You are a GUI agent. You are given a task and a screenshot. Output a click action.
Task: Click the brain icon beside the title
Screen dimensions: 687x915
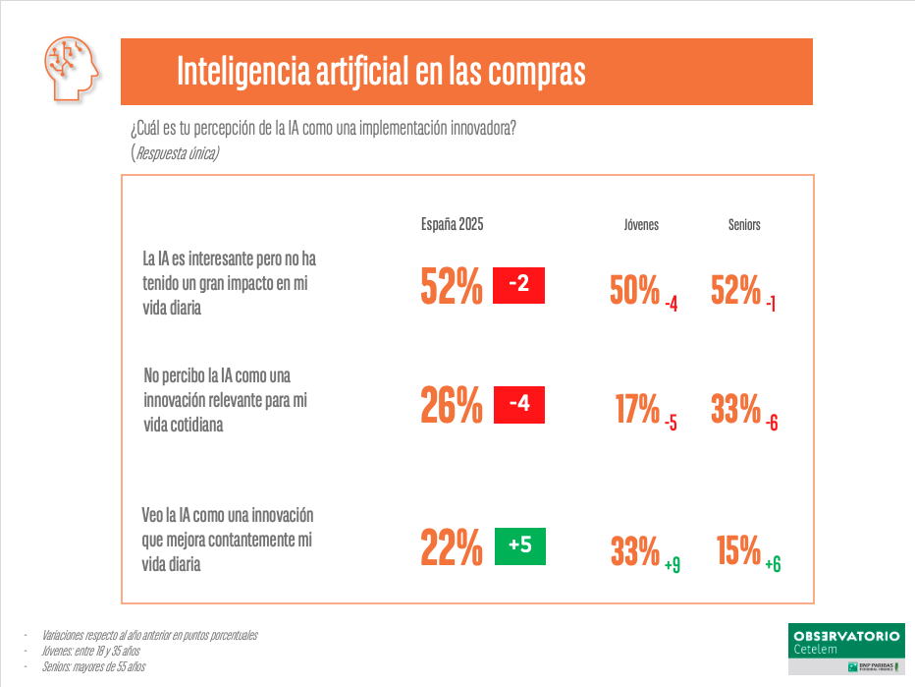pos(72,70)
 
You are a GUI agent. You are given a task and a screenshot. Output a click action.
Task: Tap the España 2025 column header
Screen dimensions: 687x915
pos(452,224)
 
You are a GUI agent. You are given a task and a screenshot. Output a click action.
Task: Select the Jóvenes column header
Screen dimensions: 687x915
pos(641,225)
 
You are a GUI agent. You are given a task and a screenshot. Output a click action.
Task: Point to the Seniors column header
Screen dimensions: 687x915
pos(744,225)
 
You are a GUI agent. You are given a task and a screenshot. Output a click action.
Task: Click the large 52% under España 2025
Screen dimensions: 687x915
pos(452,287)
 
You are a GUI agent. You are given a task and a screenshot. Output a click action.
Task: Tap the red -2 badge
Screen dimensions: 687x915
pos(518,285)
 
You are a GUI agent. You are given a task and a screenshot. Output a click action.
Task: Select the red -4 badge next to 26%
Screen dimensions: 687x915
pos(518,404)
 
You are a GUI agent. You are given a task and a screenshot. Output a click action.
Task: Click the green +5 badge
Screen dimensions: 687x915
pos(519,546)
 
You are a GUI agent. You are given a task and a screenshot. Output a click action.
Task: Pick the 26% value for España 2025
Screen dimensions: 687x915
pos(452,405)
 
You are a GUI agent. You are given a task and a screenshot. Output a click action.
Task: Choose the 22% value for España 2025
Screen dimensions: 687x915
pos(452,547)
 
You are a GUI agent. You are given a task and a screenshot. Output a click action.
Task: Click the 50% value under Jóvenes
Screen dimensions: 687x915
pos(634,290)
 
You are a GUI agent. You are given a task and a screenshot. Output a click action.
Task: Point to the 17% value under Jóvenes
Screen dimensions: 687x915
pos(636,408)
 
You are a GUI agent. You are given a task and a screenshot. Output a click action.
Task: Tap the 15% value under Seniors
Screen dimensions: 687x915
pos(739,551)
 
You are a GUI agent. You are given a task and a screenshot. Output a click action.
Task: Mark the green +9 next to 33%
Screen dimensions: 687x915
pos(673,565)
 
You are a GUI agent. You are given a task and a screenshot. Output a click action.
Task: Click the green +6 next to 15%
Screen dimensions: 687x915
pos(773,564)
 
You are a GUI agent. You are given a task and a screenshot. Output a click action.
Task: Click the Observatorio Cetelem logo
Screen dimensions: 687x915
pos(845,646)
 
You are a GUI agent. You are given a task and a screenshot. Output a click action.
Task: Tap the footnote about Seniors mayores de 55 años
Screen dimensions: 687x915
pos(93,667)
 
